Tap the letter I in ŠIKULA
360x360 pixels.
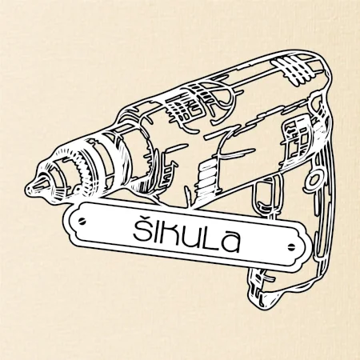(154, 232)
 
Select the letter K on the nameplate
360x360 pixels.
(169, 235)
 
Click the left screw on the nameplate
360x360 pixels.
(82, 221)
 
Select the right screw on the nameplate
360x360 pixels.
(291, 246)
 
